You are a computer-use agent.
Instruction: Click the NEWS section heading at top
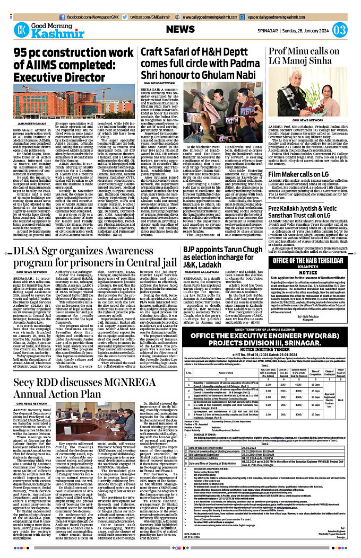(184, 29)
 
